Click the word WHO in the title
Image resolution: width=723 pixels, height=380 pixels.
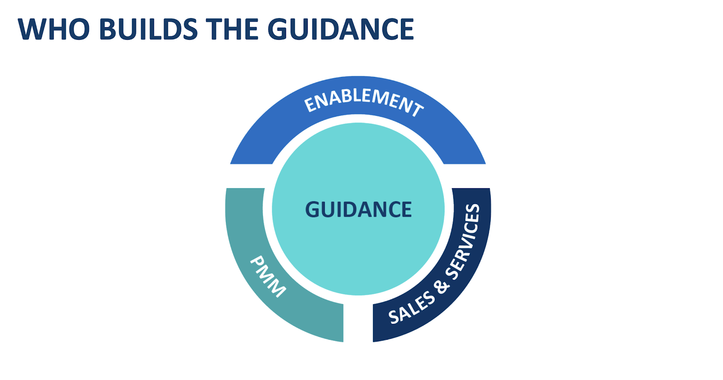53,29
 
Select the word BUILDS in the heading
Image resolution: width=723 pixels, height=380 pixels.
148,29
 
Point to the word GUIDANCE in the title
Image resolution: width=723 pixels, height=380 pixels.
341,29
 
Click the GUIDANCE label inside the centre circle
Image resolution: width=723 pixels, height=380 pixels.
358,209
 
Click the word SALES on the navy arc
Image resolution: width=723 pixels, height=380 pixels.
411,308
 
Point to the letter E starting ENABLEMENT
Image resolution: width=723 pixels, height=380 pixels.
310,105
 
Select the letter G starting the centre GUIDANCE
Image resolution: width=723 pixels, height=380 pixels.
313,209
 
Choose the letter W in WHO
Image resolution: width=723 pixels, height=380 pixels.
32,29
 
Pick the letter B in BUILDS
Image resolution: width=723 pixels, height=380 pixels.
108,29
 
